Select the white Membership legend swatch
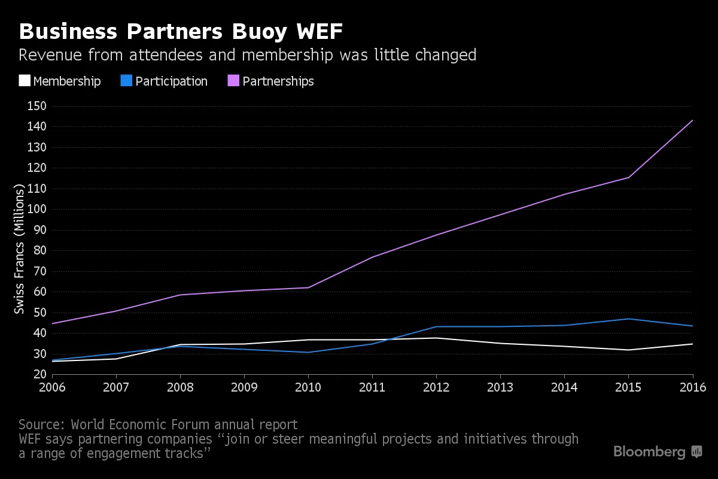click(25, 81)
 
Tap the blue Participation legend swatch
click(126, 81)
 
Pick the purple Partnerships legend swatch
click(233, 81)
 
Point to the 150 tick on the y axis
click(38, 106)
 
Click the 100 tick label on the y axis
click(38, 210)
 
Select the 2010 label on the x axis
click(309, 387)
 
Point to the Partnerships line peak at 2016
click(692, 120)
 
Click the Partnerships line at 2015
click(628, 177)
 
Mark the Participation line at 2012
click(436, 326)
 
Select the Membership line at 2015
click(628, 350)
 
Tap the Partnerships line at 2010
click(309, 287)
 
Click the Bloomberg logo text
click(650, 452)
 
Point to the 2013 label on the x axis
click(500, 387)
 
